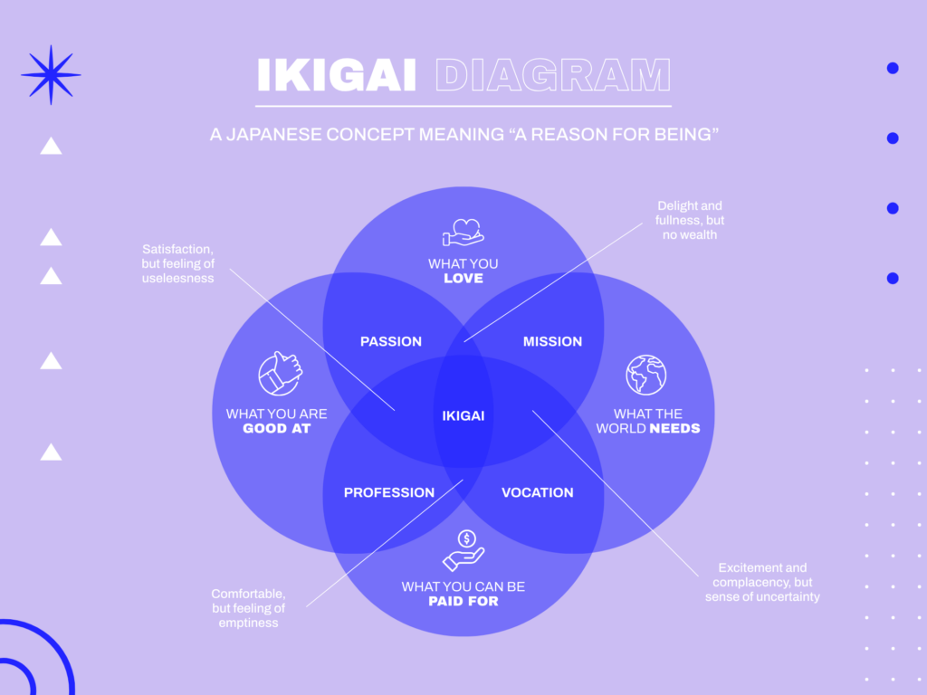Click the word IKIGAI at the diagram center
point(463,416)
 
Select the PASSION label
point(391,341)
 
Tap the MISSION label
point(552,341)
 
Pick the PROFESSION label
point(389,492)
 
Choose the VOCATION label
point(538,492)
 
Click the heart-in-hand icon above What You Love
point(463,232)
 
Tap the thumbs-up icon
point(280,373)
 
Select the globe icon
point(645,375)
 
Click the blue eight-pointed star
point(52,74)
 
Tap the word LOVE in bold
point(463,278)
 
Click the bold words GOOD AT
point(277,428)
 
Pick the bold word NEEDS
point(674,428)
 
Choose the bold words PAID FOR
point(463,601)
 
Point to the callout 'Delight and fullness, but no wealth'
point(690,220)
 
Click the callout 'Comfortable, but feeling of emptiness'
point(248,608)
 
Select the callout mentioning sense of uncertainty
point(762,583)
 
